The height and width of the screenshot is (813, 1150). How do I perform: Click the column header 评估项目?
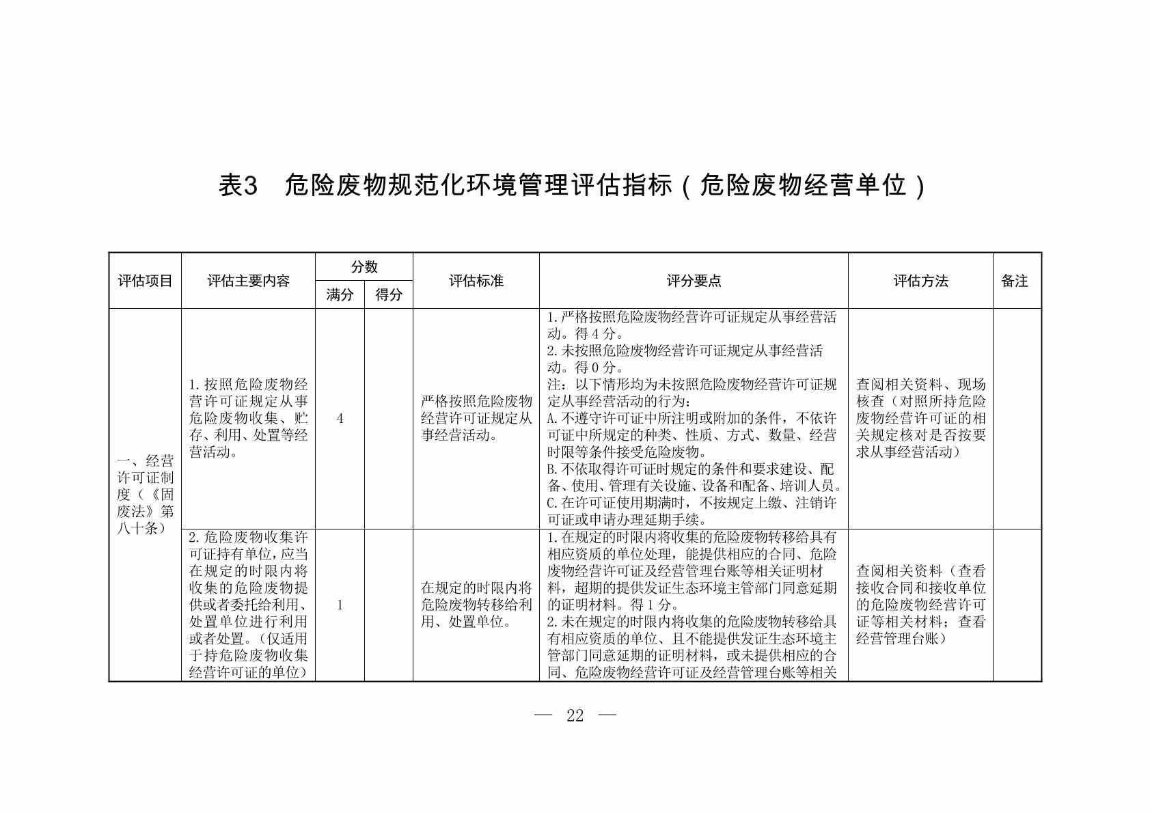(x=145, y=281)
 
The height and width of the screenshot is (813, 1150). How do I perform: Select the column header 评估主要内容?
(x=248, y=281)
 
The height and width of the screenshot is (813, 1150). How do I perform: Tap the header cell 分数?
(x=364, y=267)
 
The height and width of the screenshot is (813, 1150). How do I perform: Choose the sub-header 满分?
(x=340, y=295)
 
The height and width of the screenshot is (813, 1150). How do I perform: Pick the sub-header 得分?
(x=389, y=295)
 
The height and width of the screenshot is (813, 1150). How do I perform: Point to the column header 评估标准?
(x=476, y=281)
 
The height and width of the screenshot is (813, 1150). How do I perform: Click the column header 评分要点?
(x=694, y=281)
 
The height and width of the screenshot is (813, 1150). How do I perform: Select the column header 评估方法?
(x=920, y=281)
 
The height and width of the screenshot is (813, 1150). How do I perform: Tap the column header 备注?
(x=1015, y=281)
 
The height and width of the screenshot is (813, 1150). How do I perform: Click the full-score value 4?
(x=340, y=418)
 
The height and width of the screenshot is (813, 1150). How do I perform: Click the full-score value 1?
(x=340, y=605)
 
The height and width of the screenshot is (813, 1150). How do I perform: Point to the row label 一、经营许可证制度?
(x=145, y=494)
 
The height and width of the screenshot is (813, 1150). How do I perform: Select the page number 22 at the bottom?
(x=575, y=715)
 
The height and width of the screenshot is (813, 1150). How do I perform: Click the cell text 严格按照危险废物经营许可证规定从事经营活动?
(x=476, y=418)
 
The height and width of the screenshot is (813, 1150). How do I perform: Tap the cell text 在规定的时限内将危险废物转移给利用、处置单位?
(x=476, y=605)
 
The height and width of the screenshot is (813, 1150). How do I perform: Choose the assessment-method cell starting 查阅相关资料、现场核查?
(x=920, y=418)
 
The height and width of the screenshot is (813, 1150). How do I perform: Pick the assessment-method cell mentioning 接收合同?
(x=920, y=605)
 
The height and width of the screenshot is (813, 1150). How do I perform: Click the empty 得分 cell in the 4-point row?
(x=389, y=418)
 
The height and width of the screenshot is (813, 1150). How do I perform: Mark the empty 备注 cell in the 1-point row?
(x=1017, y=605)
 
